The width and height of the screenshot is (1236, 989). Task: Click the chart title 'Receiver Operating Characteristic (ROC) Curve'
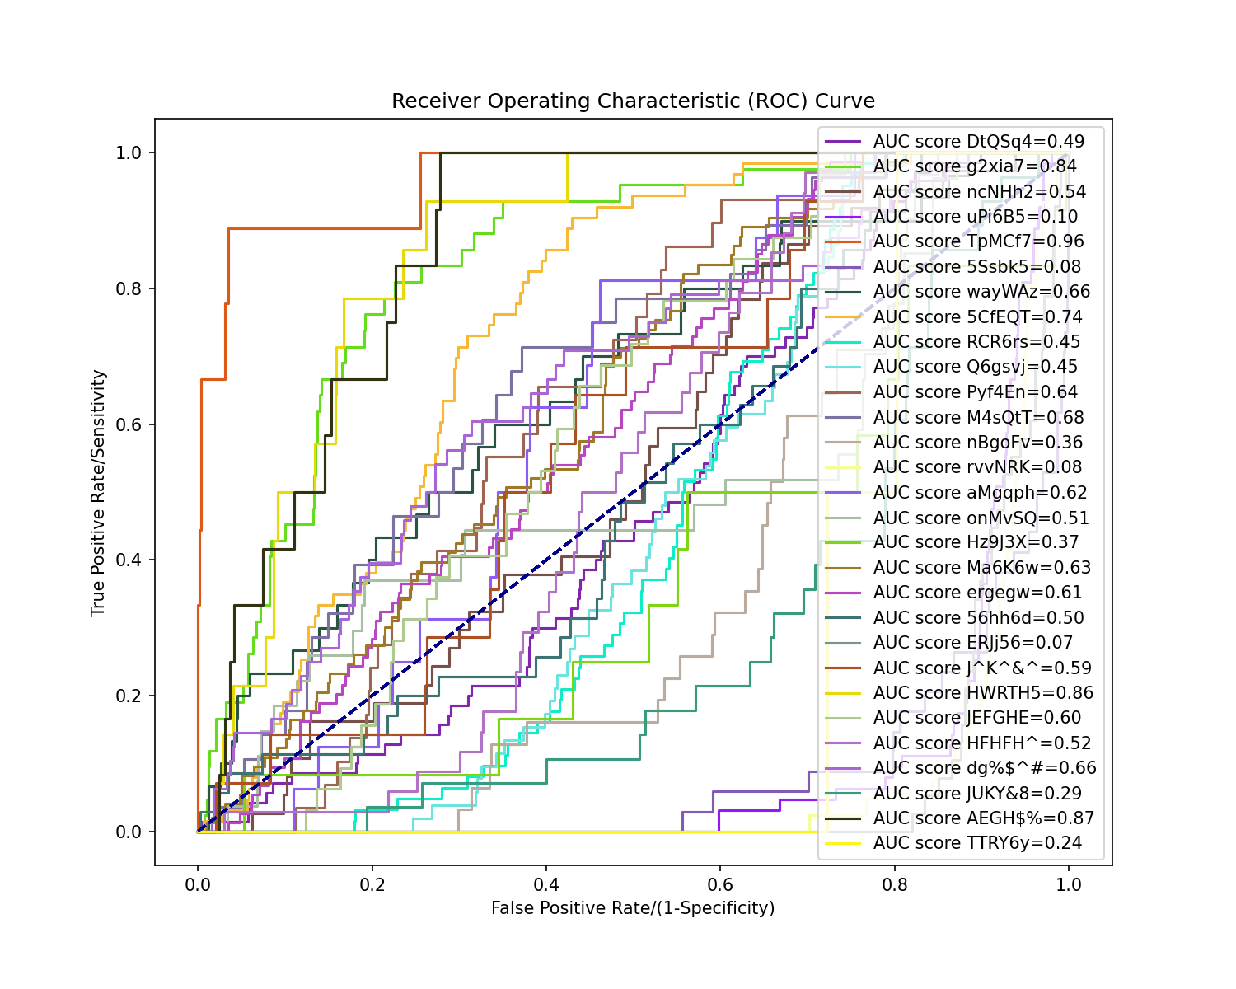pyautogui.click(x=633, y=101)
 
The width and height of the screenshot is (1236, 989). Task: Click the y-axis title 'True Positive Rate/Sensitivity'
pyautogui.click(x=99, y=493)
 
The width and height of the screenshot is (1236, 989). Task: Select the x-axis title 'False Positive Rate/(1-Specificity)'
pyautogui.click(x=633, y=908)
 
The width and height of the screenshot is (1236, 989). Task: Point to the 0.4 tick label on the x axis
pyautogui.click(x=546, y=885)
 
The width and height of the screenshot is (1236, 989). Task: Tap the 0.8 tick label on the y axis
pyautogui.click(x=130, y=288)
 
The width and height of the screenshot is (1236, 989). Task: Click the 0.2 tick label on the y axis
pyautogui.click(x=130, y=696)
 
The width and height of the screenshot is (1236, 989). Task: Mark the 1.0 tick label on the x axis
pyautogui.click(x=1069, y=885)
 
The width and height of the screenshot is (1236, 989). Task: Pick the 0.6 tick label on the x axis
pyautogui.click(x=720, y=885)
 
